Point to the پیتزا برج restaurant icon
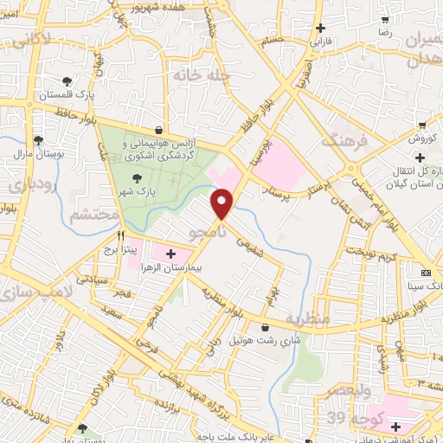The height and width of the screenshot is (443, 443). (122, 235)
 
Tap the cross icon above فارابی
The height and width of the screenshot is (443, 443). (320, 29)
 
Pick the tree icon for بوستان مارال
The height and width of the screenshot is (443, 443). (37, 139)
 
